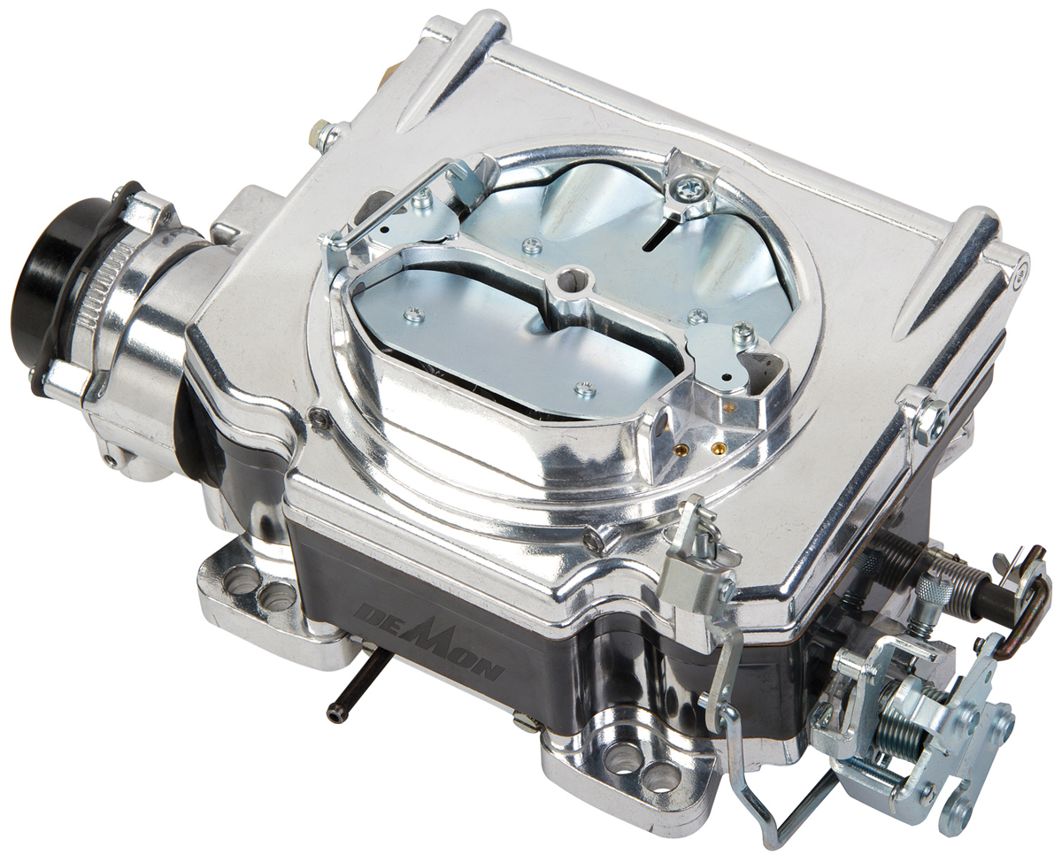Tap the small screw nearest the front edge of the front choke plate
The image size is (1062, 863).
(x=582, y=387)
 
